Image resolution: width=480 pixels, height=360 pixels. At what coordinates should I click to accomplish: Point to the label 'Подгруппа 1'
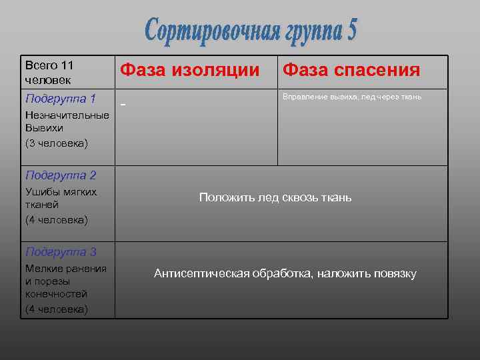[60, 99]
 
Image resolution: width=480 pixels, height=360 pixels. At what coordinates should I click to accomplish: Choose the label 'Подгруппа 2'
[60, 175]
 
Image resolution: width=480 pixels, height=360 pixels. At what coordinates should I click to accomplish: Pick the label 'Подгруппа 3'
[60, 252]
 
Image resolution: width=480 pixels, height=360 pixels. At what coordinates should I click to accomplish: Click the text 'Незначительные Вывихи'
[67, 121]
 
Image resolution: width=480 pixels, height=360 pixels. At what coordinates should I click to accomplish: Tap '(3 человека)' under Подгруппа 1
[56, 143]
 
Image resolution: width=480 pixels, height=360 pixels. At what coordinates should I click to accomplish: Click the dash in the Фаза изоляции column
[122, 105]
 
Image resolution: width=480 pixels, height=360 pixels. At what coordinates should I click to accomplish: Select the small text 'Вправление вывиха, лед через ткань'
[352, 97]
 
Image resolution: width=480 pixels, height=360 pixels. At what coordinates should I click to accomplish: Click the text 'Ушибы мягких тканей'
[61, 198]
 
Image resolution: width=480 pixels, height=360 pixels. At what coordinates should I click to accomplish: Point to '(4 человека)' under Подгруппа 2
[56, 219]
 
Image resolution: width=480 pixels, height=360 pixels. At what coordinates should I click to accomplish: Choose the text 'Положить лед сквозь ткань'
[275, 197]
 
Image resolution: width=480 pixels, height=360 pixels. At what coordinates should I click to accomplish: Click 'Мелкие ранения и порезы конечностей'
[65, 281]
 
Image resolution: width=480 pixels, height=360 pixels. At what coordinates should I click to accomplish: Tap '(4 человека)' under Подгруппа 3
[56, 309]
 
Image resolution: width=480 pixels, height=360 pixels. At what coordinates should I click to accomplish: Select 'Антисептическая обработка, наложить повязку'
[285, 273]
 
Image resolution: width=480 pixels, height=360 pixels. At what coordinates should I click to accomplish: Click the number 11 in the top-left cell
[66, 65]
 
